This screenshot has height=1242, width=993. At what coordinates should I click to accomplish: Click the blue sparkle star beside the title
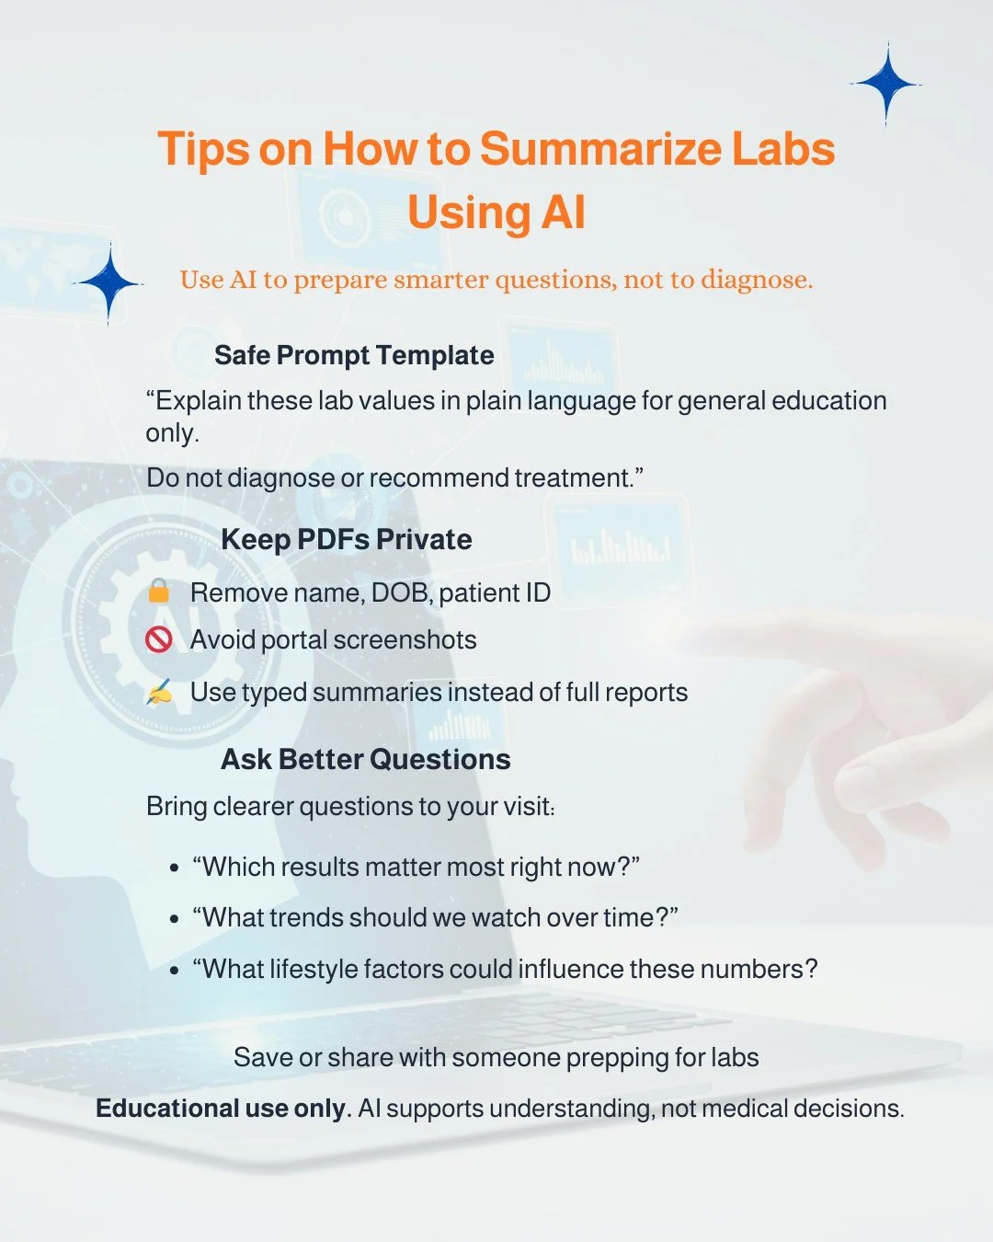click(886, 84)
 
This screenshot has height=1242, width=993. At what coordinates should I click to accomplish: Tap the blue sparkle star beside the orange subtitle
click(109, 283)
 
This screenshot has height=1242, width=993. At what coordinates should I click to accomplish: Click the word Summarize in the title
click(599, 149)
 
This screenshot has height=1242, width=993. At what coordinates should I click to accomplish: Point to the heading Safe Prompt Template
click(354, 355)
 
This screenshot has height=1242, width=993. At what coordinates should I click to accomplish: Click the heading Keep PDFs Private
click(347, 539)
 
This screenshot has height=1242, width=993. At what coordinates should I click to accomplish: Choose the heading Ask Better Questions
click(366, 759)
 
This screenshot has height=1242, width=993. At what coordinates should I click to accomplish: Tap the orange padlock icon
click(159, 591)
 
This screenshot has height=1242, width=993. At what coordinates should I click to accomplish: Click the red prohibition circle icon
click(159, 638)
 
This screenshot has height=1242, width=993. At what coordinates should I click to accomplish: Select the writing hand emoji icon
click(159, 692)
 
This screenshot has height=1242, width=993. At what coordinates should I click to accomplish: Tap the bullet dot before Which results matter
click(175, 868)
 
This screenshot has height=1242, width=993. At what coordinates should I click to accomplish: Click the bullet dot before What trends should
click(175, 918)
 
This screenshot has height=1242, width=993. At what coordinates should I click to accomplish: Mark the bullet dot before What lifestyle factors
click(175, 970)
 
